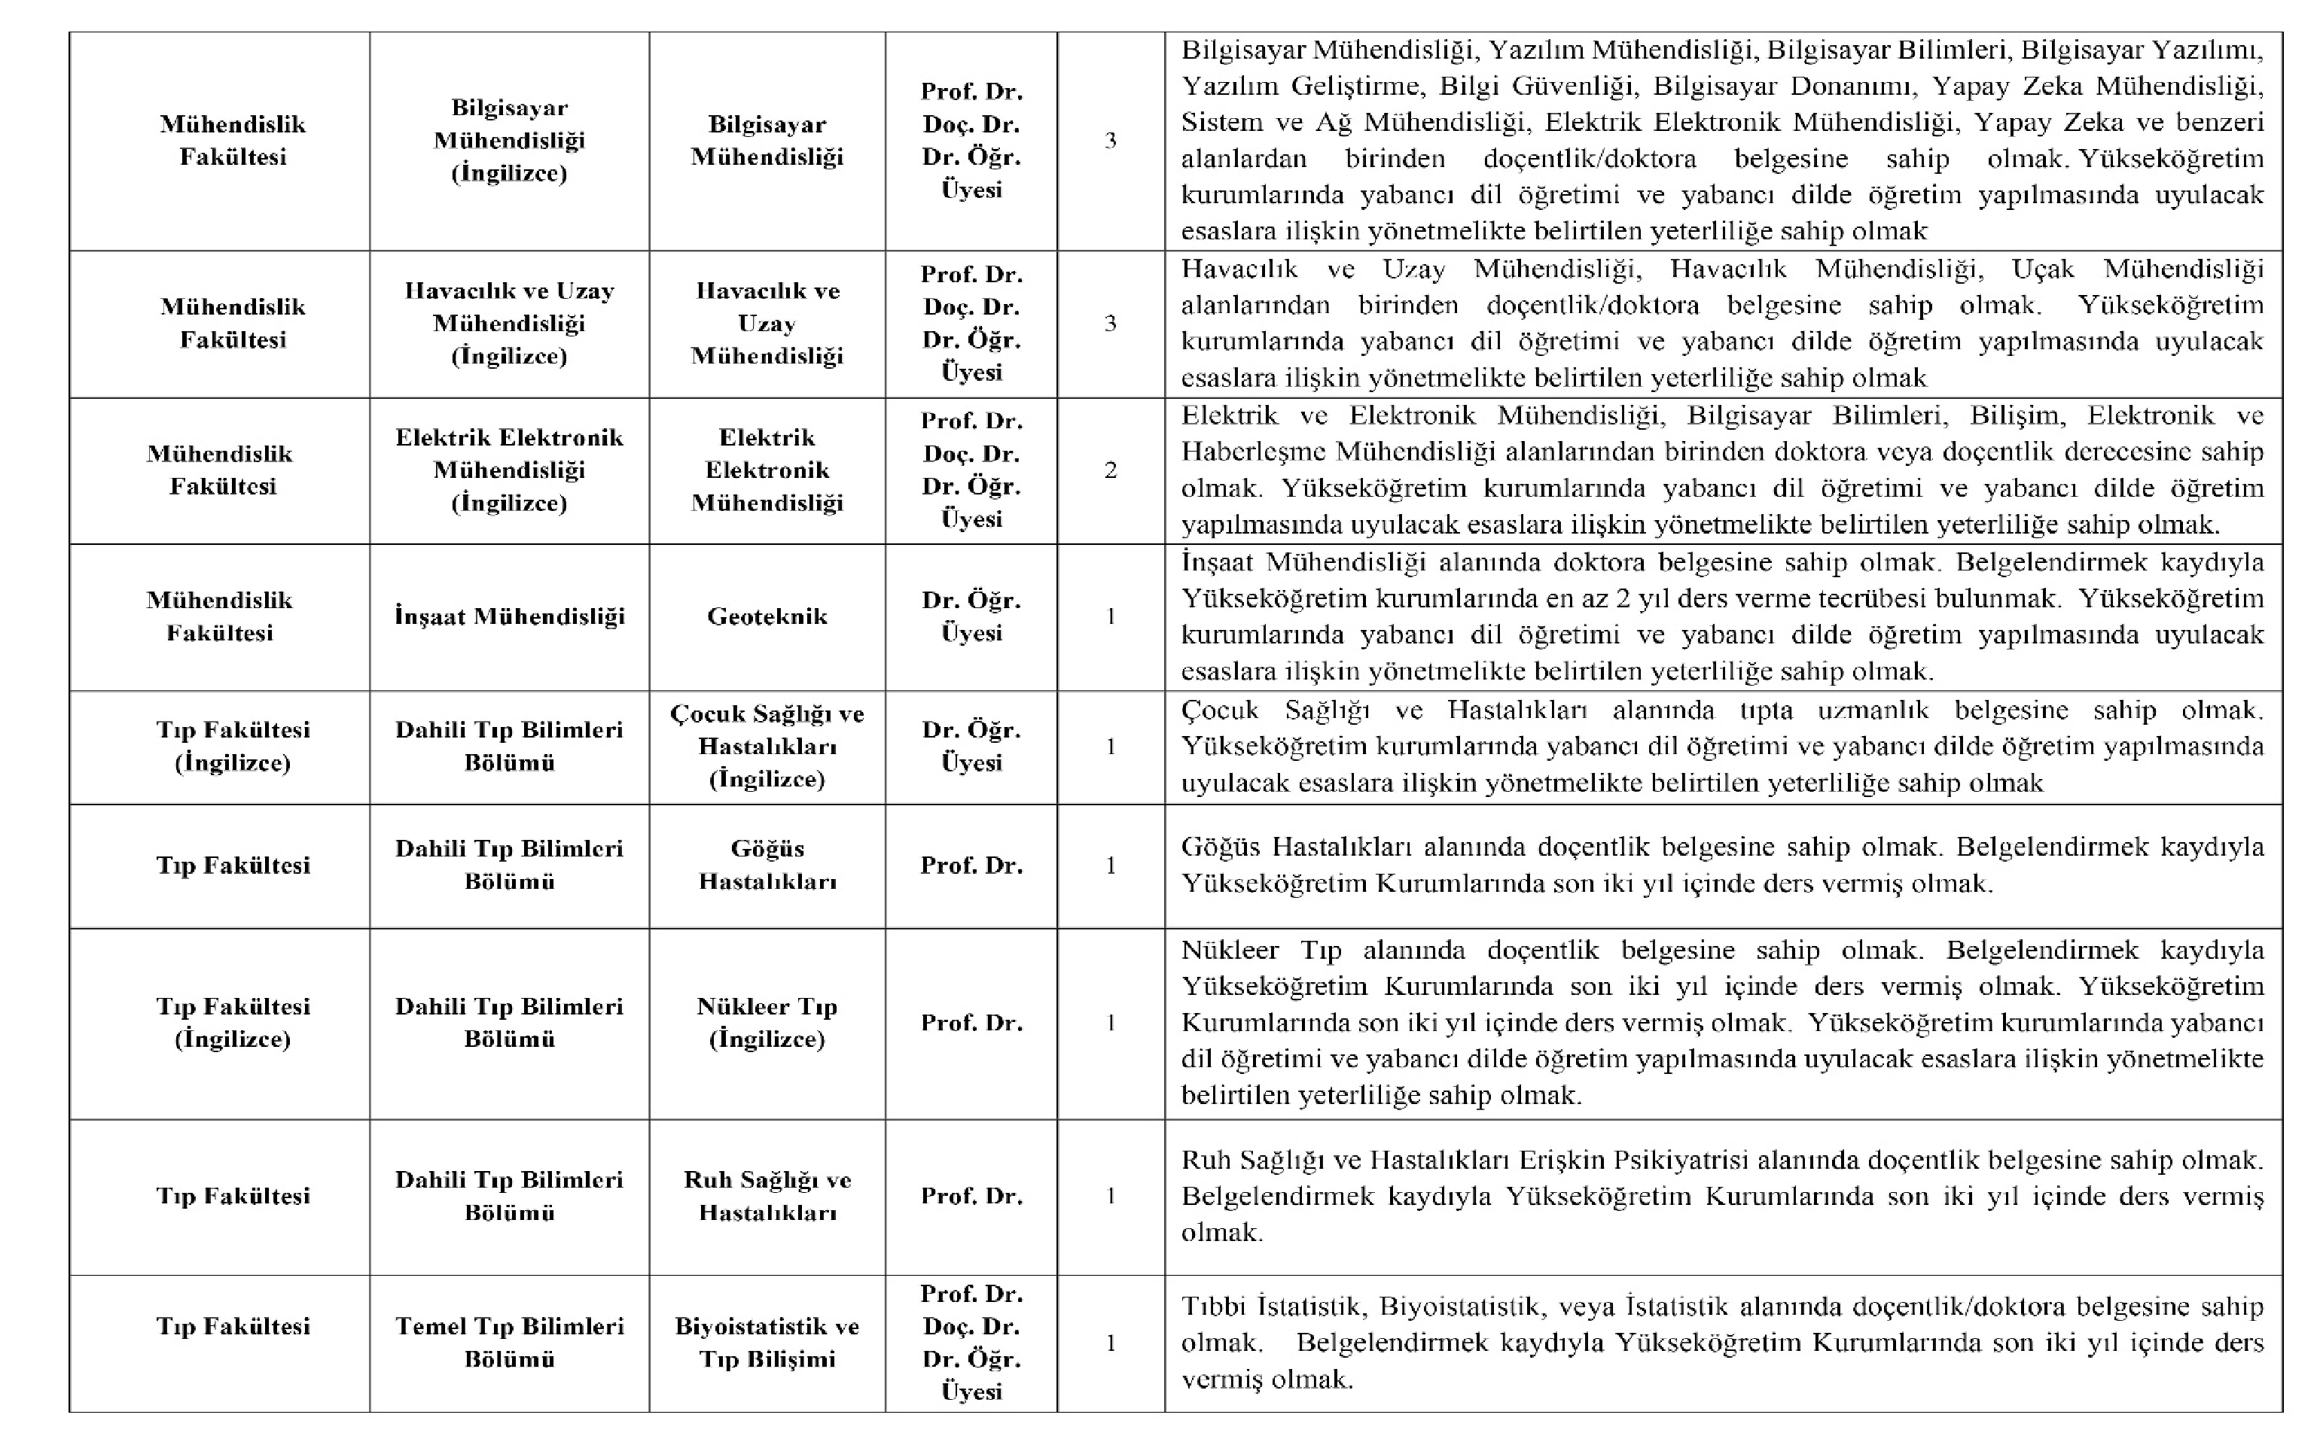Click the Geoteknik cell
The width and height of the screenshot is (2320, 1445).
coord(767,616)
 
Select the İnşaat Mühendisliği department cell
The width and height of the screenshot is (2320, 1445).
coord(510,616)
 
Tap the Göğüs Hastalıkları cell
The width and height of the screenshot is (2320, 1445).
coord(767,865)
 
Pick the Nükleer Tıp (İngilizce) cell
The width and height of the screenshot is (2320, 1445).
coord(767,1023)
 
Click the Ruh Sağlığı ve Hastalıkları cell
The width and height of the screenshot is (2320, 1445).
coord(767,1196)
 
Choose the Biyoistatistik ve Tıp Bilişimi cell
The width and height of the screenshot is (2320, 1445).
coord(767,1342)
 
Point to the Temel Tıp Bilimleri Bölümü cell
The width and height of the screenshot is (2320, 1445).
coord(510,1342)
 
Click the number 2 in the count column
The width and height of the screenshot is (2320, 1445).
coord(1110,470)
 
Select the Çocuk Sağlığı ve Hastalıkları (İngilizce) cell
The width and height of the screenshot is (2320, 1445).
coord(767,747)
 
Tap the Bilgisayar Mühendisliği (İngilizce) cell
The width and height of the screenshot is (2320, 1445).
coord(510,141)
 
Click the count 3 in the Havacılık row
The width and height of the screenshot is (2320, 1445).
coord(1110,323)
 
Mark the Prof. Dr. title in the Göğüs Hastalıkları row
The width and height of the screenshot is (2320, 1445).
coord(971,865)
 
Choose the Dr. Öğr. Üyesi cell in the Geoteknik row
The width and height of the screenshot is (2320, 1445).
coord(971,616)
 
